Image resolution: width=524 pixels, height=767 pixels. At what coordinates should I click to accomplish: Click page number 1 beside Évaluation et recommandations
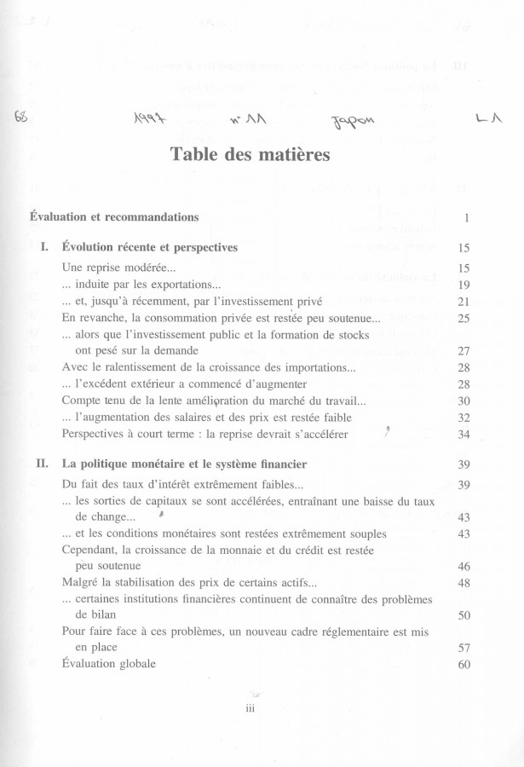[467, 218]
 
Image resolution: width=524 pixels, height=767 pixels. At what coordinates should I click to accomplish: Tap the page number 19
[464, 285]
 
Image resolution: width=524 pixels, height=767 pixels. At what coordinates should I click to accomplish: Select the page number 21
[464, 302]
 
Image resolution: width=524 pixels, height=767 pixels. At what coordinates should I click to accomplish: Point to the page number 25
[464, 318]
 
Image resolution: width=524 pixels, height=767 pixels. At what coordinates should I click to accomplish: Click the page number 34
[464, 435]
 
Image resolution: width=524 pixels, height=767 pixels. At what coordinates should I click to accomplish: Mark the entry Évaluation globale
[109, 664]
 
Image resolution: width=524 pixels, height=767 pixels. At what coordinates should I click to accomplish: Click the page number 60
[464, 665]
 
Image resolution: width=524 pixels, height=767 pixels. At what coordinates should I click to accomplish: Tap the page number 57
[464, 648]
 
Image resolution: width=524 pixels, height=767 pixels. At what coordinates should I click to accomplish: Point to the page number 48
[464, 583]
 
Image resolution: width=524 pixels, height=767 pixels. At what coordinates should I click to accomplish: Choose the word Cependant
[94, 550]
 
